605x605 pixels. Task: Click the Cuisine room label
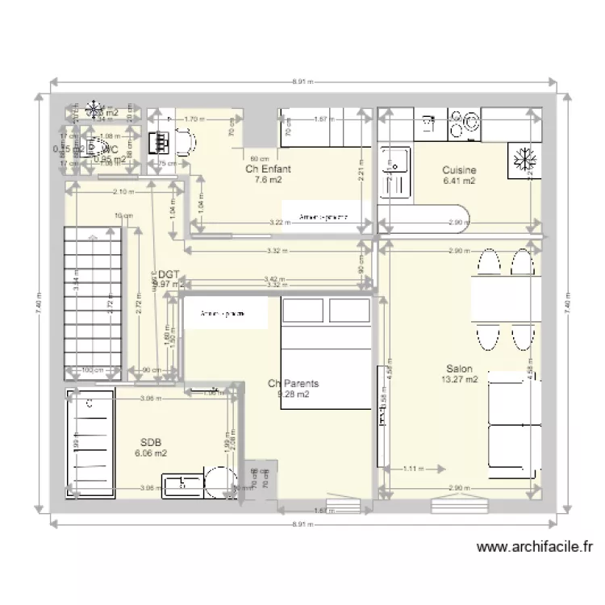(x=459, y=170)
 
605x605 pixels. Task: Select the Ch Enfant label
(x=268, y=169)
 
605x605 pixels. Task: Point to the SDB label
(x=151, y=443)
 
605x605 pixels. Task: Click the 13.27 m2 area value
(x=459, y=379)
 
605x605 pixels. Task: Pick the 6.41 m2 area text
(x=459, y=181)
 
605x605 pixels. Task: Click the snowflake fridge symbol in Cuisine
(x=522, y=160)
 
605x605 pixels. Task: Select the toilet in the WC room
(x=97, y=148)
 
